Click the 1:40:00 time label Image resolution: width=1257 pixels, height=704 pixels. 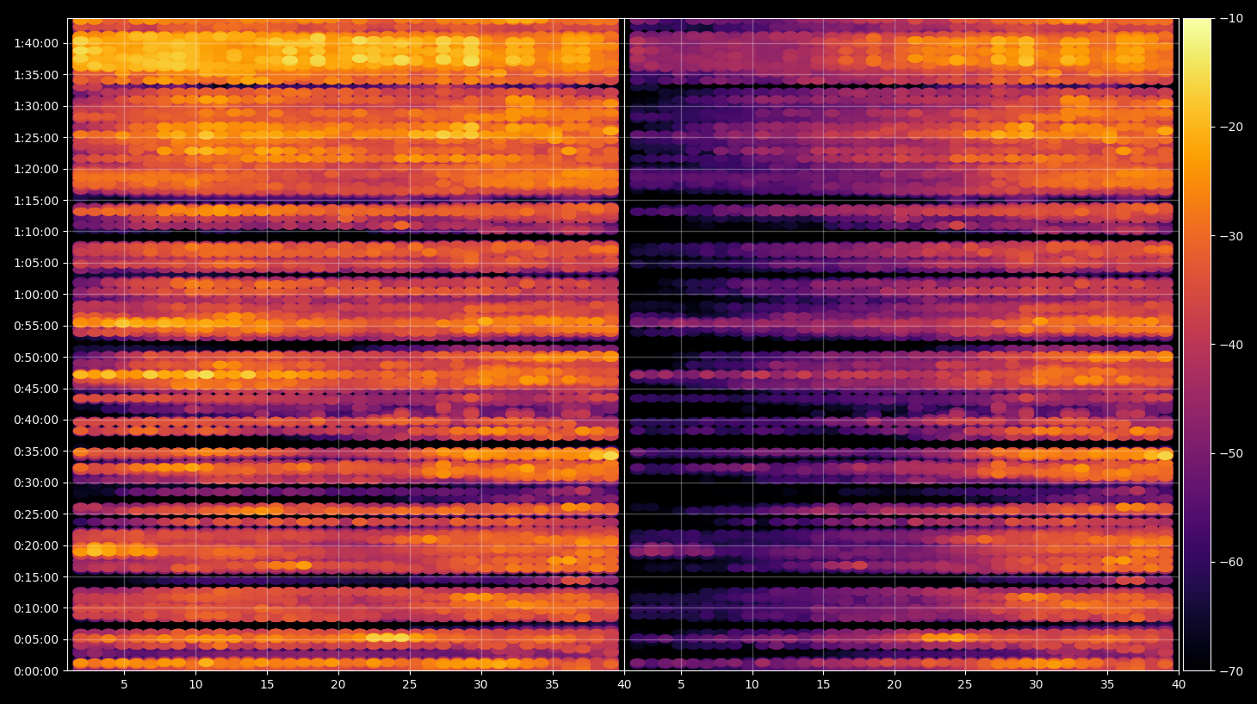(36, 43)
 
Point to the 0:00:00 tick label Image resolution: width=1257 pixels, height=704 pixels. (36, 671)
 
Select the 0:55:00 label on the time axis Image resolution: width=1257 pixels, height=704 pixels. (36, 326)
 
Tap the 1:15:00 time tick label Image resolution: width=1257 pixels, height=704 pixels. (36, 201)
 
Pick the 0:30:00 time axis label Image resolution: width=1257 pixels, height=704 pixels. (36, 483)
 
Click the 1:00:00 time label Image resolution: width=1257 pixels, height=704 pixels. (36, 295)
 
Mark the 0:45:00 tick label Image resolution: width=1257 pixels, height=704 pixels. (36, 389)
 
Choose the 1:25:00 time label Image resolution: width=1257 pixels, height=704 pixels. (36, 138)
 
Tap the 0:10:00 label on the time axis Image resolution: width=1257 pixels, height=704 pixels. (36, 608)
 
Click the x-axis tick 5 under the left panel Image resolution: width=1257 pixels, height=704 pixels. (124, 684)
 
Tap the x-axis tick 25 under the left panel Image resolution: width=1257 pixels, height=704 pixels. (410, 684)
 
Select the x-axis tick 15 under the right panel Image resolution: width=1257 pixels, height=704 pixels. (823, 684)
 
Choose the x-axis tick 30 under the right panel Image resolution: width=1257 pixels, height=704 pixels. (1037, 684)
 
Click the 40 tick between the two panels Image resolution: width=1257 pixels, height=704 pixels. (624, 684)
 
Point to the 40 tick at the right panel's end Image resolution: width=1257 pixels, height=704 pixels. (1179, 684)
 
